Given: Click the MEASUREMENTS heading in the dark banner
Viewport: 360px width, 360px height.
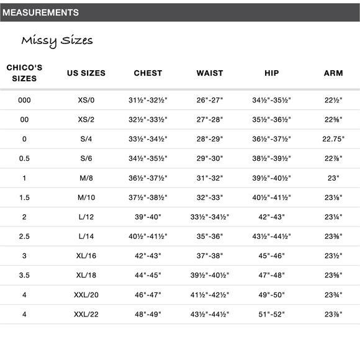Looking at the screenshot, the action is coord(41,12).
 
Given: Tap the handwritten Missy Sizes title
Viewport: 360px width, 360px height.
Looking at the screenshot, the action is coord(57,41).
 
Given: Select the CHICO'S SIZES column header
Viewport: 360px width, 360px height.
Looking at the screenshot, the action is coord(24,73).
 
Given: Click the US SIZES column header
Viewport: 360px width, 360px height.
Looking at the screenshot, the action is coord(86,73).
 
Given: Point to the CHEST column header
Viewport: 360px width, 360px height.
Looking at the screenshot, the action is coord(148,73).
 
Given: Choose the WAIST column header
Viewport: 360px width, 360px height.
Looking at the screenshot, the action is coord(210,73).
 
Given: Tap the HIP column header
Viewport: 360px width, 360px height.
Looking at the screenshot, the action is coord(272,73).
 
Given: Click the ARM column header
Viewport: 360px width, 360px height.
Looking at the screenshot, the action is coord(333,73).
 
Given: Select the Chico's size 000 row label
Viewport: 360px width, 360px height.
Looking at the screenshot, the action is coord(24,100).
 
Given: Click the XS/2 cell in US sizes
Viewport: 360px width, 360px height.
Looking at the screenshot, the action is coord(86,120).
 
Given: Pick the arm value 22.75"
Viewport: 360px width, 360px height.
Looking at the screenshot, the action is coord(333,139).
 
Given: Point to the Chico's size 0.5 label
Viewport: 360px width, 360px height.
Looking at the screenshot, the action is coord(24,159).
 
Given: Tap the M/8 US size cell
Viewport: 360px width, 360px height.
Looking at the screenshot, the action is coord(86,178).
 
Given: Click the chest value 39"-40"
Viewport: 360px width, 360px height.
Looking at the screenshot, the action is coord(148,217).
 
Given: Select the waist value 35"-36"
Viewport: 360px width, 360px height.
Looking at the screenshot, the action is coord(210,236).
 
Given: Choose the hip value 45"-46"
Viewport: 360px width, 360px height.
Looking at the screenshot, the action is coord(272,256).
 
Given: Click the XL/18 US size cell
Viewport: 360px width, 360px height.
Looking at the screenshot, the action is coord(86,276).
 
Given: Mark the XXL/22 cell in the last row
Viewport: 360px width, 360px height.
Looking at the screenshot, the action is coord(86,315).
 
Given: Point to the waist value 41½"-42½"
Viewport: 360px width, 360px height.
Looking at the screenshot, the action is coord(210,295).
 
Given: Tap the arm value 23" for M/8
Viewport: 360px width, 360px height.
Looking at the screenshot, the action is coord(333,178).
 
